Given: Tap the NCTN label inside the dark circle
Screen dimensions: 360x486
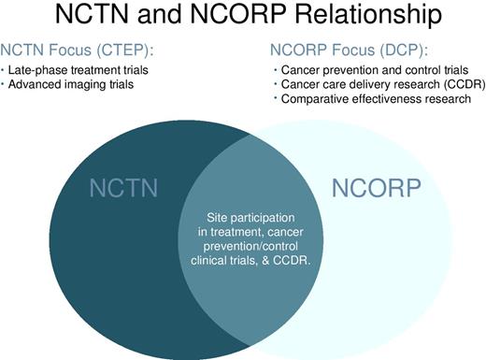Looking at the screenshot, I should [119, 187].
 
